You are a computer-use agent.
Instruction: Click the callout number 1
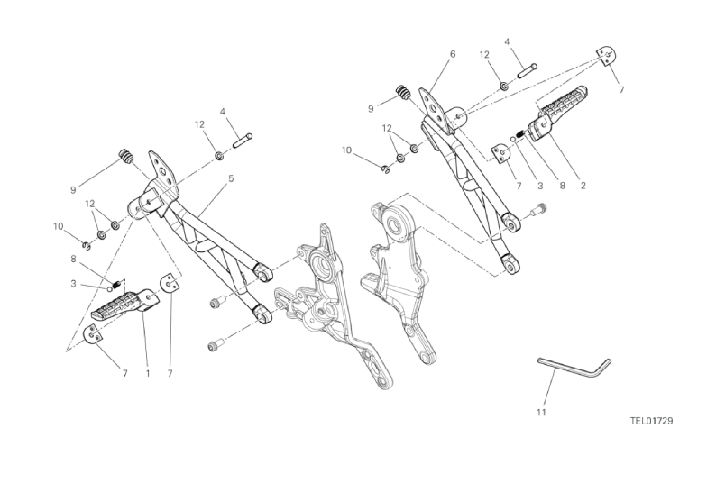(148, 373)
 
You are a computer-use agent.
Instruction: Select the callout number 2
(583, 186)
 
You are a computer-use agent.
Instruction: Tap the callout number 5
(231, 178)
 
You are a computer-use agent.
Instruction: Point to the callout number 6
(453, 54)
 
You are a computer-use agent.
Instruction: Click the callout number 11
(541, 413)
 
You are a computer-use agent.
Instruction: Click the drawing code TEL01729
(651, 421)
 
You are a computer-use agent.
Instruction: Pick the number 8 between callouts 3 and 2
(562, 186)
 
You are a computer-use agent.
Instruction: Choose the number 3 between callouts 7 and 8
(540, 186)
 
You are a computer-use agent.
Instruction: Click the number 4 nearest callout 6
(507, 41)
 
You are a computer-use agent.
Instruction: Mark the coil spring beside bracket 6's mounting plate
(403, 92)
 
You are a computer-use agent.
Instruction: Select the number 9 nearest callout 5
(73, 190)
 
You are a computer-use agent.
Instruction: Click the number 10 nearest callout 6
(346, 150)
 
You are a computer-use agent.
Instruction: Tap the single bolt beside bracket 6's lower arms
(539, 208)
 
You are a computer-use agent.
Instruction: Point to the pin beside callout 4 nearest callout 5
(243, 141)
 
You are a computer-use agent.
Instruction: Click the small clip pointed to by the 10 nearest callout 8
(87, 245)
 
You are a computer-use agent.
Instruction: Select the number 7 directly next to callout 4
(621, 90)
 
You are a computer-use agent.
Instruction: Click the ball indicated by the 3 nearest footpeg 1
(110, 288)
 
